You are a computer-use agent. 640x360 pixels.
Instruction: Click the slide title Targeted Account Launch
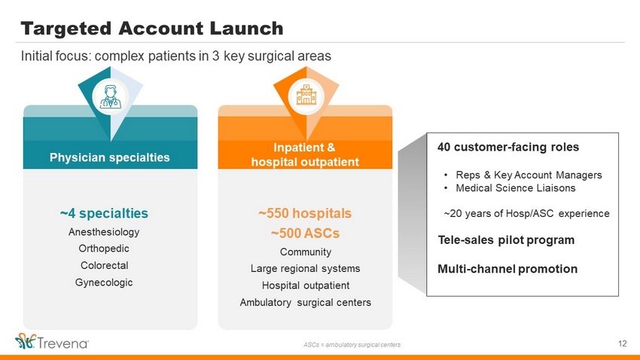(152, 29)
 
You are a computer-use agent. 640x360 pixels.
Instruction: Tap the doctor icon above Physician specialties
(110, 97)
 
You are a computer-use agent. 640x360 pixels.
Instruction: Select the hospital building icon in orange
(306, 96)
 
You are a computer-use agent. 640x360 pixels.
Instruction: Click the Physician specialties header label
(110, 157)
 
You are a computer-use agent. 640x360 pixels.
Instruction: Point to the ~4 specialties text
(104, 213)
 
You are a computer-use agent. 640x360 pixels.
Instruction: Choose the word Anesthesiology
(104, 232)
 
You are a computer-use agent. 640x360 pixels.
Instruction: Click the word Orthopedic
(104, 249)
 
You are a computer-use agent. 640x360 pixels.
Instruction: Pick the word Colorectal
(104, 265)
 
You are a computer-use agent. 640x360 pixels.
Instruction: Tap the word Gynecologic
(104, 282)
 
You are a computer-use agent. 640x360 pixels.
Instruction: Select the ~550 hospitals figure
(305, 213)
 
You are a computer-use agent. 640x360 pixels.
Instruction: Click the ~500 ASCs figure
(305, 233)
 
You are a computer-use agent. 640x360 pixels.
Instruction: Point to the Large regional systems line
(305, 269)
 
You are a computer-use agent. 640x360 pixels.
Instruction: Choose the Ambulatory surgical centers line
(305, 303)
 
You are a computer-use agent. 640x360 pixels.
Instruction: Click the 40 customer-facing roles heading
(508, 148)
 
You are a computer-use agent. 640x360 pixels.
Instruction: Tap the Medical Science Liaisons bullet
(516, 188)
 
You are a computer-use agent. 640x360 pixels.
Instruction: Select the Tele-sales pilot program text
(506, 240)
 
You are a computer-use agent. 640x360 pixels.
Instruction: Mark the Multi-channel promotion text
(507, 269)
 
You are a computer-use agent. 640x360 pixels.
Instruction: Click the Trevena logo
(52, 342)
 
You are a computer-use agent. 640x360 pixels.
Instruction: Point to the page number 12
(623, 343)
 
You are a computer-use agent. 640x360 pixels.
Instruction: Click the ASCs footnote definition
(352, 345)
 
